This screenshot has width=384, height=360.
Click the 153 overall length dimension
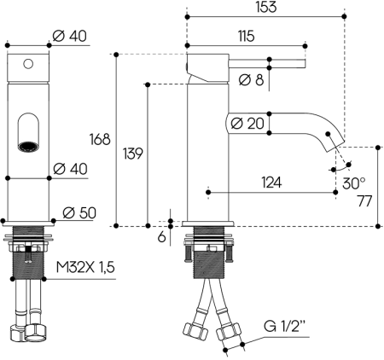pyautogui.click(x=265, y=8)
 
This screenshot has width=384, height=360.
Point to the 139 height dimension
pyautogui.click(x=131, y=154)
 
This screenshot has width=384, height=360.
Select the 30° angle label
pyautogui.click(x=353, y=182)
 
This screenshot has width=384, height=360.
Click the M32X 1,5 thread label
pyautogui.click(x=84, y=269)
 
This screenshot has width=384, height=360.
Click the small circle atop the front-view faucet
pyautogui.click(x=28, y=63)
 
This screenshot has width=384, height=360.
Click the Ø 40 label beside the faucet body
pyautogui.click(x=71, y=168)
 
